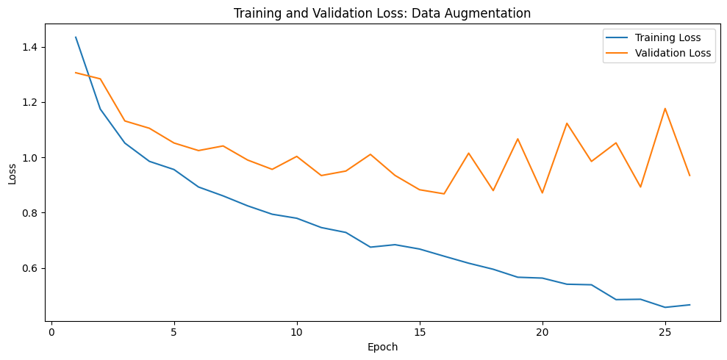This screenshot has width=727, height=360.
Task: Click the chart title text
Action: tap(382, 13)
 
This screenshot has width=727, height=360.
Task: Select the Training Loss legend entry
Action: tap(657, 37)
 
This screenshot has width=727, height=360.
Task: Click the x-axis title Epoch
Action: tap(382, 347)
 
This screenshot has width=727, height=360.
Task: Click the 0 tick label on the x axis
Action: tap(51, 332)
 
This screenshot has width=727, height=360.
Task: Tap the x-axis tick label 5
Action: tap(174, 332)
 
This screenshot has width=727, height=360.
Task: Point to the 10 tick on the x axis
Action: tap(297, 332)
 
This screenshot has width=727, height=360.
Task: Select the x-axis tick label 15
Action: tap(420, 332)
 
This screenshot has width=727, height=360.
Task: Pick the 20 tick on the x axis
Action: tap(542, 332)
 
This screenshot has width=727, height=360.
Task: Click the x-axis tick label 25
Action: tap(665, 332)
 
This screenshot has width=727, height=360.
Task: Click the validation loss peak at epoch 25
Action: tap(665, 109)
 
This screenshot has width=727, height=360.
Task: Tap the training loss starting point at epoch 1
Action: tap(76, 37)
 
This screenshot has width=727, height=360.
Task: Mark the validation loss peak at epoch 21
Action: tap(567, 123)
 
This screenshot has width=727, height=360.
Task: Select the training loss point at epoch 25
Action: tap(665, 307)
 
